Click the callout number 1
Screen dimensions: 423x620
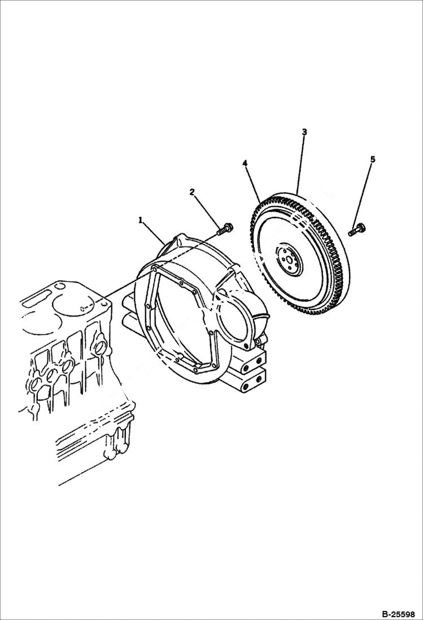(x=140, y=220)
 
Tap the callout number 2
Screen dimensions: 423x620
(x=192, y=192)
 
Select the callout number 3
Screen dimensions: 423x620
(x=304, y=132)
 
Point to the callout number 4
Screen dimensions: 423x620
(x=245, y=163)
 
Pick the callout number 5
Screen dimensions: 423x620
(x=372, y=160)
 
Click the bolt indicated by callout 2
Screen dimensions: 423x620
(x=224, y=229)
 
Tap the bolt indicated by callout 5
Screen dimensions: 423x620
(x=356, y=230)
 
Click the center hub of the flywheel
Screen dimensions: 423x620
(x=289, y=259)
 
